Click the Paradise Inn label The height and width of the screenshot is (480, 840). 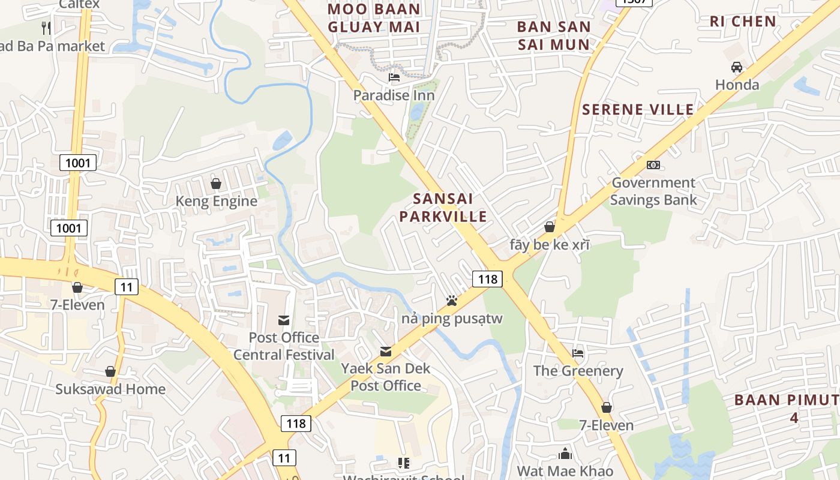[394, 95]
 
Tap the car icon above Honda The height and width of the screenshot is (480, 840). [737, 67]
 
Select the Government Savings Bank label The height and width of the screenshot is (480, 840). [653, 191]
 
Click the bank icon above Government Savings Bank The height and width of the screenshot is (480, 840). [653, 164]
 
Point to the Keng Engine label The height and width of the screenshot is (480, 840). [216, 201]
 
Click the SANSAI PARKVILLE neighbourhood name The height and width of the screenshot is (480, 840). [443, 208]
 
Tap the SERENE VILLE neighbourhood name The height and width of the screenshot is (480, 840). [638, 110]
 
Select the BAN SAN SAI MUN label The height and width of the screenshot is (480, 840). [554, 35]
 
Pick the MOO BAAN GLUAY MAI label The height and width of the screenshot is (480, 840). [374, 18]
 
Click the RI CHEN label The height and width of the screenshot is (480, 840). [743, 22]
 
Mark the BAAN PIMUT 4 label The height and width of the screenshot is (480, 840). [786, 409]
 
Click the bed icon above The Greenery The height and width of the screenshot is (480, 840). [578, 353]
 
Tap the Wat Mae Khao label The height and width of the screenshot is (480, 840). [565, 471]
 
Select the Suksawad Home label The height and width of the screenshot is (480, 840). [110, 389]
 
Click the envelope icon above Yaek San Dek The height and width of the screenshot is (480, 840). [386, 351]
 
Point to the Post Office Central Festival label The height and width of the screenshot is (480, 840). [284, 346]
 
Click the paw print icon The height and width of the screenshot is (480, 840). [452, 300]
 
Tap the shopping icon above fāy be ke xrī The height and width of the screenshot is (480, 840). [549, 227]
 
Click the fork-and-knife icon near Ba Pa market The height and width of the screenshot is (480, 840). [46, 28]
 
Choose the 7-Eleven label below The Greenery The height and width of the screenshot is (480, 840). [606, 425]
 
